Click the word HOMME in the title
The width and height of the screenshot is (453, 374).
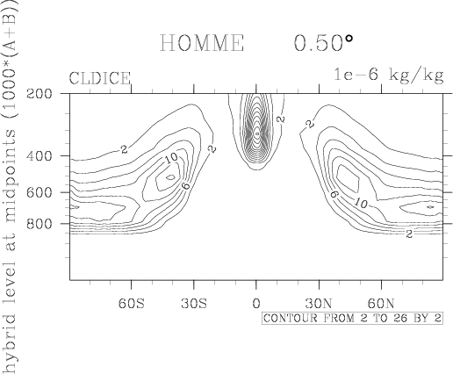click(202, 43)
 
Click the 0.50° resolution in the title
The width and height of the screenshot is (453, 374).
click(323, 43)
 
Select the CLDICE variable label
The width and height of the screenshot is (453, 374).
click(100, 78)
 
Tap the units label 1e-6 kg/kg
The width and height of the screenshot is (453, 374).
click(389, 75)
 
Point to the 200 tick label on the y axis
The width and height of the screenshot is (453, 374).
click(40, 94)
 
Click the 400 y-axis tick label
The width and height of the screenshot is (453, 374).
click(40, 156)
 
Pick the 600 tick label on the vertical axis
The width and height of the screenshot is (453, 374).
click(40, 192)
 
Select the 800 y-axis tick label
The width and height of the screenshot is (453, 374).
click(40, 224)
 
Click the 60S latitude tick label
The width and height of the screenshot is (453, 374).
click(132, 304)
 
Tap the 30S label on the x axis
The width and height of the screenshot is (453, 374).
click(194, 304)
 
